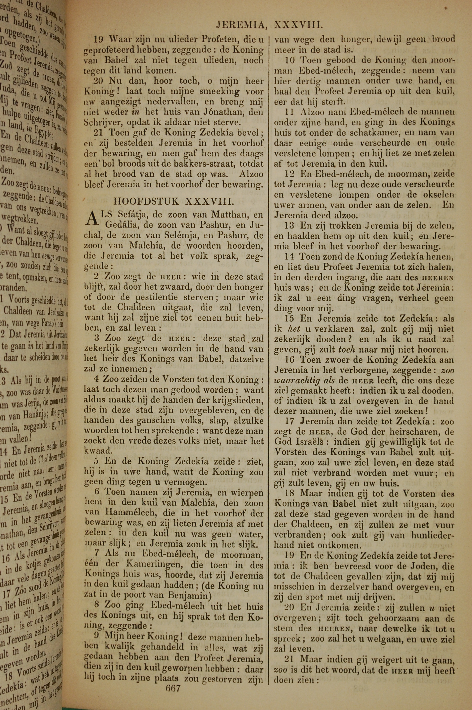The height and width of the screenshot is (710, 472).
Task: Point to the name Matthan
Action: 230,215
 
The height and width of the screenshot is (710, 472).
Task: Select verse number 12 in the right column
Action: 290,174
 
